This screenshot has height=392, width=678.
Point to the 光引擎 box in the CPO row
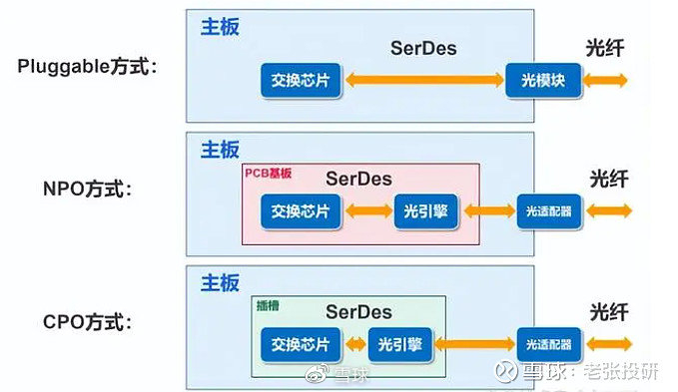coord(400,345)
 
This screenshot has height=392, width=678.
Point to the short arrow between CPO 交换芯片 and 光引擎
coord(354,345)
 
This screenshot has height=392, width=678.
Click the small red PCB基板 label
coord(269,174)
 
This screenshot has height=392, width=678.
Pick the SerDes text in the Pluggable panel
coord(422,47)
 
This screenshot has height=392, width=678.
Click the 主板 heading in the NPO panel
coord(220,150)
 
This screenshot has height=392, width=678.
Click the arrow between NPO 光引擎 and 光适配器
coord(487,211)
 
